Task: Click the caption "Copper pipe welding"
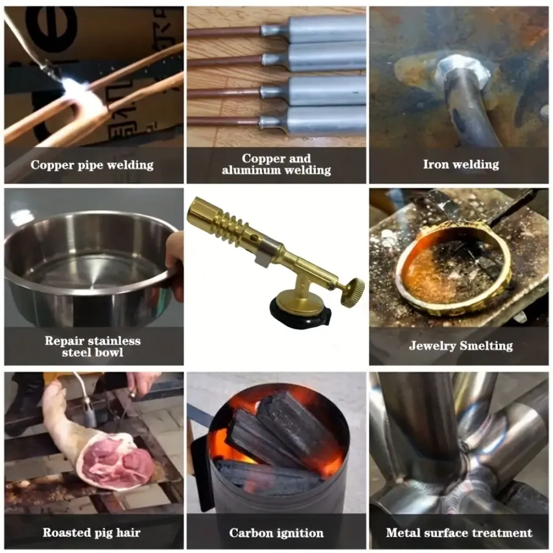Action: pyautogui.click(x=92, y=165)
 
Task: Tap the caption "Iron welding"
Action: pyautogui.click(x=461, y=164)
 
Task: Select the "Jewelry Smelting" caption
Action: pyautogui.click(x=461, y=345)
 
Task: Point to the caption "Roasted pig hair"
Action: pyautogui.click(x=92, y=532)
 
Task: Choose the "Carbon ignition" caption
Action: pyautogui.click(x=276, y=533)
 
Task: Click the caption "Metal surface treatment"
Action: pyautogui.click(x=459, y=532)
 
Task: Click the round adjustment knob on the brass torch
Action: pyautogui.click(x=355, y=289)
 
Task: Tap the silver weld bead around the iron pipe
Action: pyautogui.click(x=463, y=73)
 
